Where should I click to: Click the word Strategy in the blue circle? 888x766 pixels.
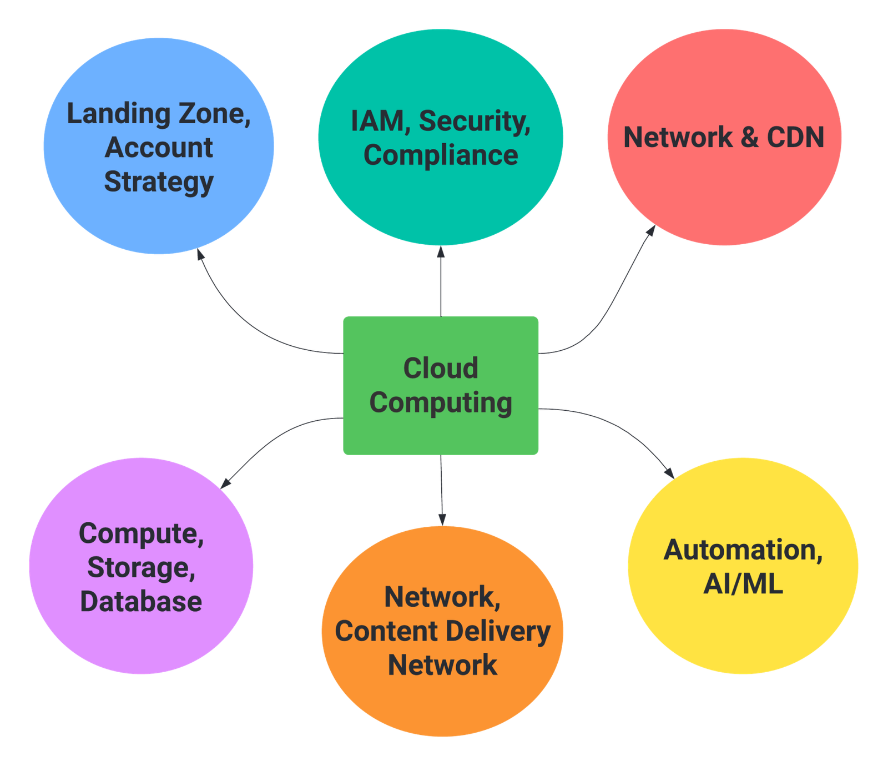(x=159, y=182)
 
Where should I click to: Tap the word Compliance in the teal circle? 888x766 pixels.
(x=441, y=155)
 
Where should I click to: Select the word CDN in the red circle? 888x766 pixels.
(x=795, y=138)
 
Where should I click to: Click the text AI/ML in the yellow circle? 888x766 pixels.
(x=743, y=584)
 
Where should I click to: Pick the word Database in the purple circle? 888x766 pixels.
(x=141, y=602)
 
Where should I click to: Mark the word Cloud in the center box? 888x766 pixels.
(x=441, y=368)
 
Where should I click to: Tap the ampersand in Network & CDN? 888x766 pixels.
(x=749, y=138)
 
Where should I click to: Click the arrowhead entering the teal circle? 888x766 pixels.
(x=441, y=253)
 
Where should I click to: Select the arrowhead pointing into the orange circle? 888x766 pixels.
(x=442, y=519)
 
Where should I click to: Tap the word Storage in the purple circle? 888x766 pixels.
(x=141, y=567)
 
